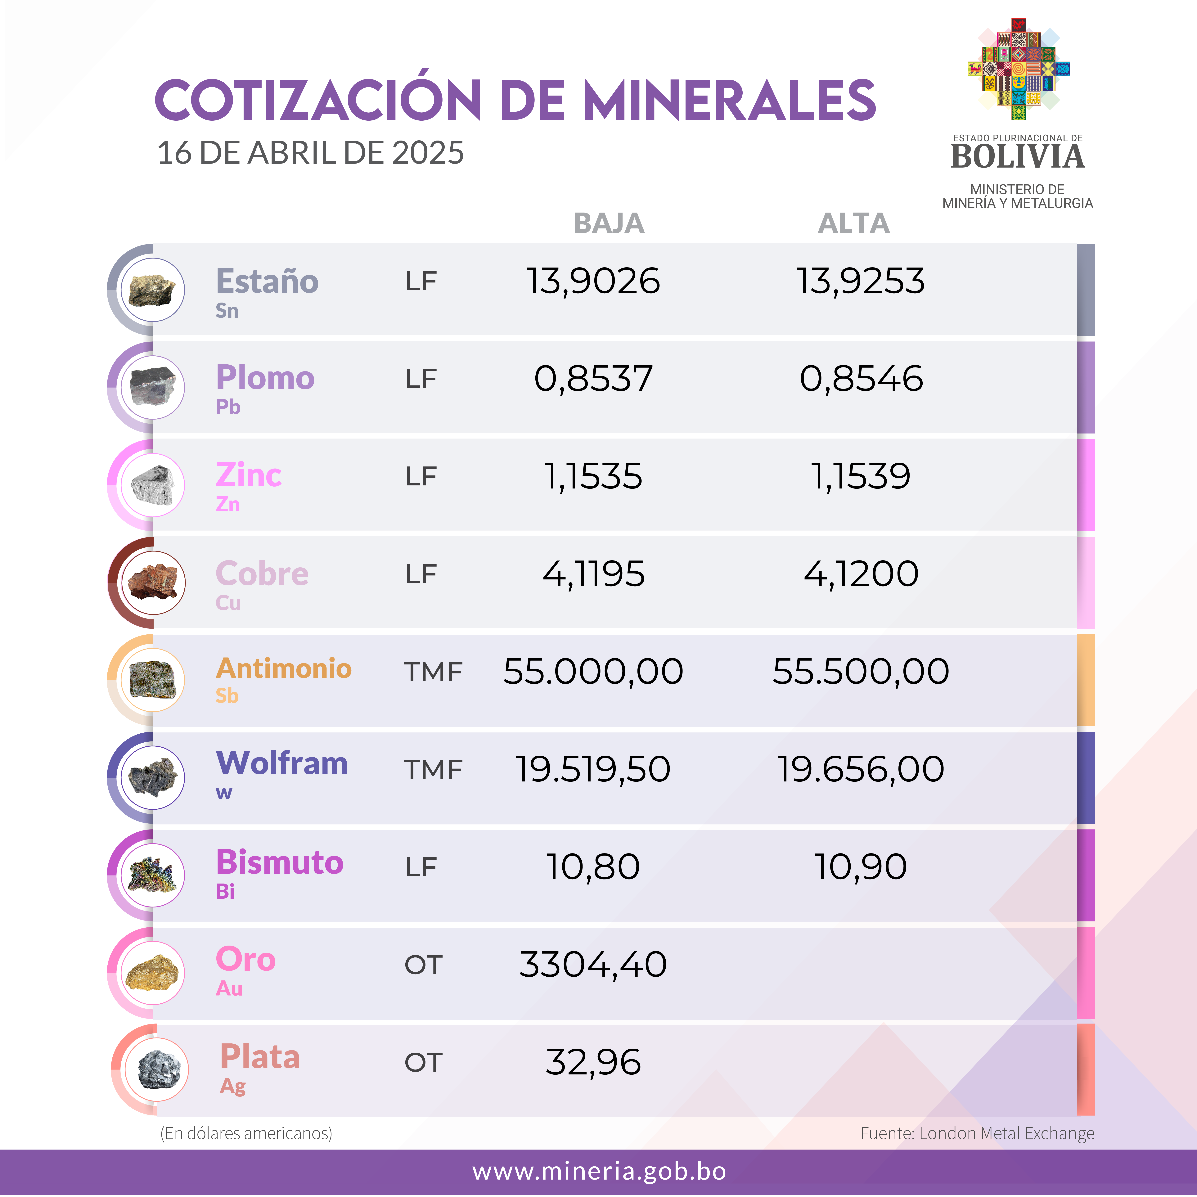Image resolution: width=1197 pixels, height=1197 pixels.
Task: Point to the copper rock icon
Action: point(152,582)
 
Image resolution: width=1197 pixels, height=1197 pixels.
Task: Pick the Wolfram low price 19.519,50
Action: point(593,769)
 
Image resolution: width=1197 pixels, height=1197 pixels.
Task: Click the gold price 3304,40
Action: point(593,965)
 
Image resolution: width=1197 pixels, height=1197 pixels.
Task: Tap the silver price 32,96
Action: point(593,1063)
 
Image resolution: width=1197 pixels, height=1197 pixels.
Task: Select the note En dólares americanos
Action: point(246,1133)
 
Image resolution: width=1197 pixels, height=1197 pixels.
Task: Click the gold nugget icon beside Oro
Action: point(152,973)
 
